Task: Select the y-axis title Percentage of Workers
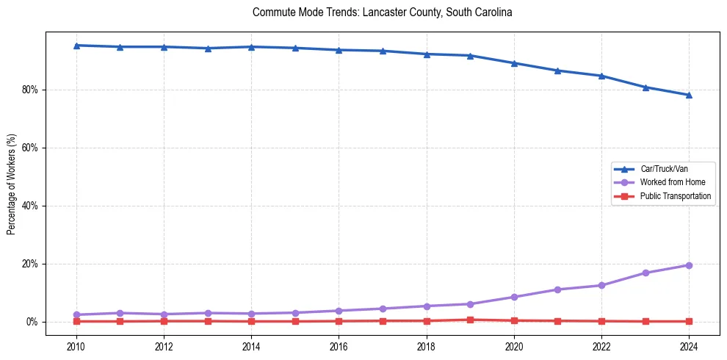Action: point(12,184)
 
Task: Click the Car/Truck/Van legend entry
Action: point(664,169)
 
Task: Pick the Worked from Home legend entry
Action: point(670,182)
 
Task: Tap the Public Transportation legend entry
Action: point(675,196)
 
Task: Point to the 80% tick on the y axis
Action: point(32,90)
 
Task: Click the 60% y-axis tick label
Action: point(32,148)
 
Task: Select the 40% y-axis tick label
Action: point(32,206)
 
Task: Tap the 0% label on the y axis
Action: point(35,322)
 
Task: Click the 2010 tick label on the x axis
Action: point(76,345)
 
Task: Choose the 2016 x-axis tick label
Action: point(339,345)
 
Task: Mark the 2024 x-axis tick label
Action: point(689,345)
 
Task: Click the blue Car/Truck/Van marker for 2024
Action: point(689,95)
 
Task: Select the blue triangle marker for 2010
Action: point(76,46)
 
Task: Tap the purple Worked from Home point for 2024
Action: point(689,265)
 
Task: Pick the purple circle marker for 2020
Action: point(514,297)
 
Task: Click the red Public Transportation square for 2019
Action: point(470,320)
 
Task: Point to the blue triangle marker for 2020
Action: point(514,63)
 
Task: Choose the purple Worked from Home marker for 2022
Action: point(601,285)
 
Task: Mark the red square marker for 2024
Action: point(689,321)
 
